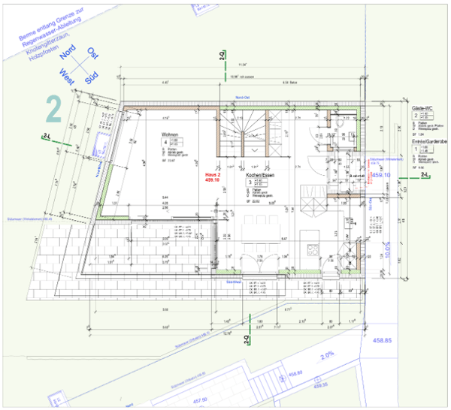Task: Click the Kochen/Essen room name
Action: [258, 176]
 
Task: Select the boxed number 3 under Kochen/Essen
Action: [249, 182]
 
